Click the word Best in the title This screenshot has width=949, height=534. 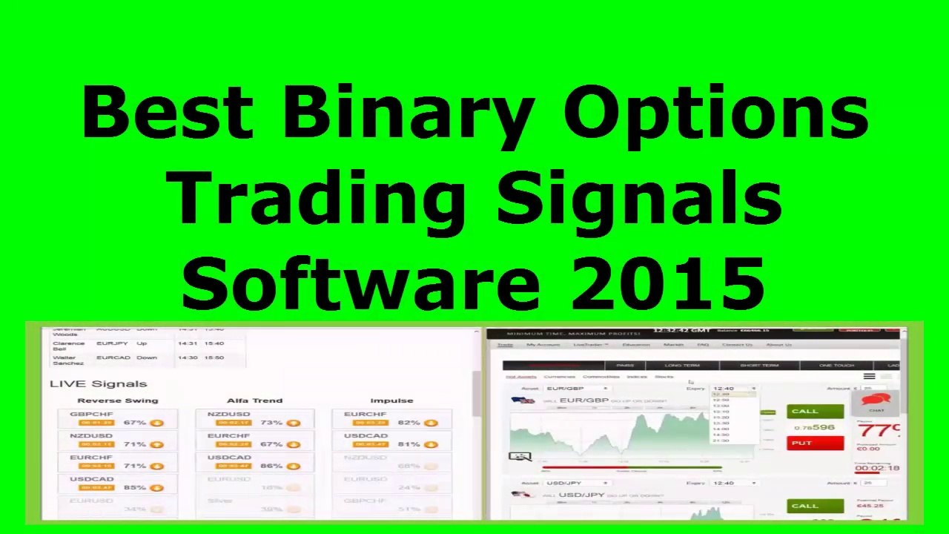(167, 113)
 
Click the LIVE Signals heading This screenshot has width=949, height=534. (98, 383)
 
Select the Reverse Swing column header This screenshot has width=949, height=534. (118, 400)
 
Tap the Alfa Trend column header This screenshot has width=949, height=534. (254, 400)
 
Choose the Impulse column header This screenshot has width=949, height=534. (391, 400)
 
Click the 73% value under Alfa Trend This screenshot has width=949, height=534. (271, 423)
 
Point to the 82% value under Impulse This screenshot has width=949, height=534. (409, 423)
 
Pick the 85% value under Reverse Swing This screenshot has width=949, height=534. (134, 487)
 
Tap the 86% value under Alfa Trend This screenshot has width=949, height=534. (271, 466)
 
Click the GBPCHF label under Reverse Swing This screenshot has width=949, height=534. (91, 414)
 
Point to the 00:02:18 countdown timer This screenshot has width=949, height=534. (877, 468)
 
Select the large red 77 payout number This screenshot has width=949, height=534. (876, 430)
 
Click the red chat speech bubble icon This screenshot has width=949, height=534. (876, 400)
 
